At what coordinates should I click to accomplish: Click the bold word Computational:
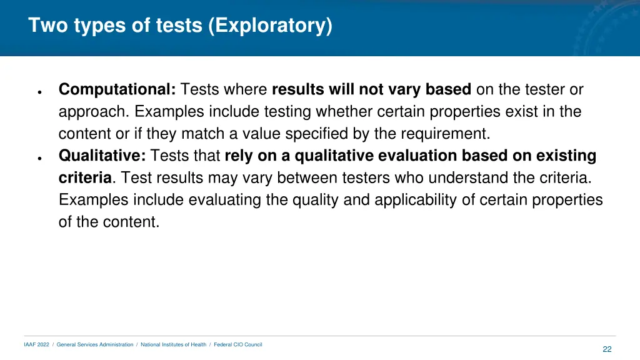[x=117, y=89]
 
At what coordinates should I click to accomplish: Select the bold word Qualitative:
[x=102, y=156]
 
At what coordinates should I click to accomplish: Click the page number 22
[x=607, y=349]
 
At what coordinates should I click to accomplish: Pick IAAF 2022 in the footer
[x=36, y=344]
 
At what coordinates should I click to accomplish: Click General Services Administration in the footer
[x=95, y=344]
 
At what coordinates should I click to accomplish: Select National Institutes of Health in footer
[x=173, y=344]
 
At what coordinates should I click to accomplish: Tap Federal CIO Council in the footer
[x=238, y=344]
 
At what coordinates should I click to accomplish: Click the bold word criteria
[x=85, y=177]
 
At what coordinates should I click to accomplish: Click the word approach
[x=92, y=112]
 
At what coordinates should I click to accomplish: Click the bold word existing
[x=566, y=156]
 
